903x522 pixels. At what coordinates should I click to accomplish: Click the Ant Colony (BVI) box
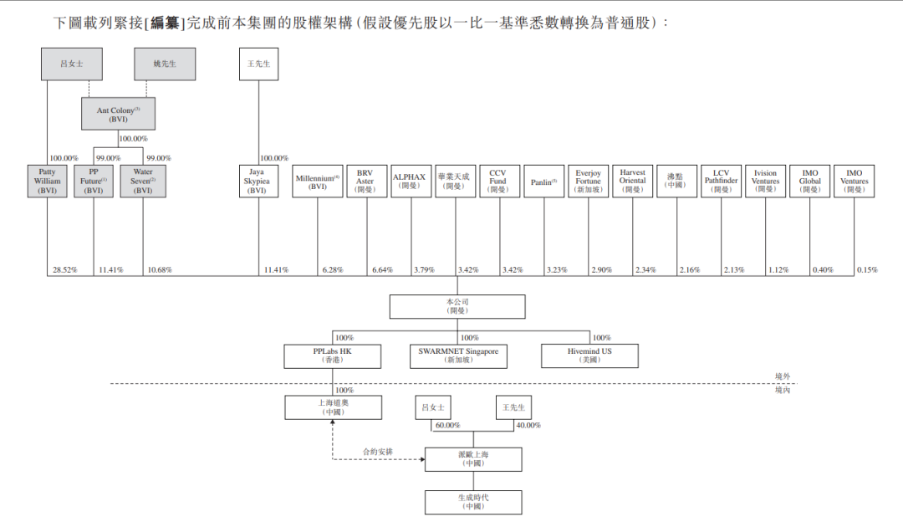[x=118, y=114]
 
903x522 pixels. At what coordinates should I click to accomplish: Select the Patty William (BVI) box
[x=47, y=181]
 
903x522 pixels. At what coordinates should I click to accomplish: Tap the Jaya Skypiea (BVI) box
[x=258, y=181]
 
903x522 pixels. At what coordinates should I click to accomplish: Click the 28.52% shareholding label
[x=64, y=270]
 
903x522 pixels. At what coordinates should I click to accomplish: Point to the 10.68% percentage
[x=159, y=270]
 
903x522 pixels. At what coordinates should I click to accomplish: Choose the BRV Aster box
[x=365, y=181]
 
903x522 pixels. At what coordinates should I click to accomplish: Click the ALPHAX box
[x=411, y=181]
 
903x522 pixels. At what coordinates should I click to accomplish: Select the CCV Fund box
[x=497, y=181]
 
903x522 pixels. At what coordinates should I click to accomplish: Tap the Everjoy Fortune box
[x=588, y=181]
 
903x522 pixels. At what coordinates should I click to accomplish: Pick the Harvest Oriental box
[x=632, y=181]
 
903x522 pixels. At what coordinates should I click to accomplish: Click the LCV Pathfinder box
[x=721, y=181]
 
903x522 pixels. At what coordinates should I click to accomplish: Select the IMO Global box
[x=809, y=181]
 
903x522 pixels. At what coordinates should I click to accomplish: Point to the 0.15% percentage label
[x=867, y=270]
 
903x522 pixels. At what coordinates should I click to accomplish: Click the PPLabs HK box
[x=333, y=356]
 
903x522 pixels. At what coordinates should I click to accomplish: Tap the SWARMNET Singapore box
[x=457, y=356]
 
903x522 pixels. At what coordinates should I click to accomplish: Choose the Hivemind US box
[x=589, y=356]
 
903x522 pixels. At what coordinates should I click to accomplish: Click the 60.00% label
[x=447, y=425]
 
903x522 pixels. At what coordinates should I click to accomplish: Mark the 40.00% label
[x=528, y=425]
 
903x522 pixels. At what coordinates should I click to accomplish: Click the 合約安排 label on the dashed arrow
[x=377, y=452]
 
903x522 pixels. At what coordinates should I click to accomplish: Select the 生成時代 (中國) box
[x=472, y=502]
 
